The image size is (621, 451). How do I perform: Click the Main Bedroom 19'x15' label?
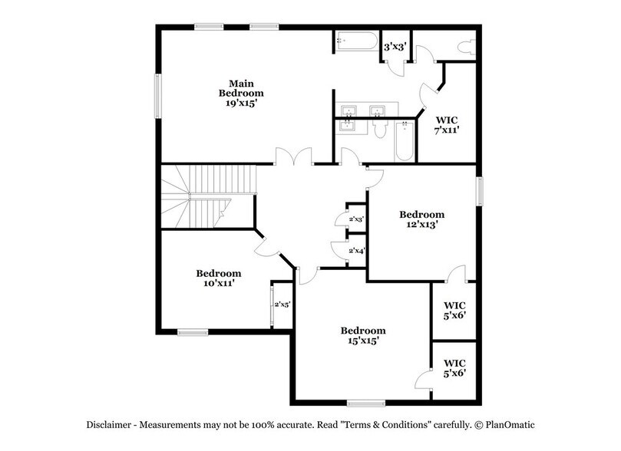pos(241,94)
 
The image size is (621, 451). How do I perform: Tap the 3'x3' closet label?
pos(395,47)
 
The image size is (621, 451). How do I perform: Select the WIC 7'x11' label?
pos(447,125)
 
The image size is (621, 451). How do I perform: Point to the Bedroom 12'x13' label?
pos(421,219)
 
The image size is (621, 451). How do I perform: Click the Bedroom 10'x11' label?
pos(219,278)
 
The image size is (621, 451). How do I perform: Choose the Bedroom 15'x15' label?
pos(363,335)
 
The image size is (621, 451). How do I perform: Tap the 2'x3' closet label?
pos(356,219)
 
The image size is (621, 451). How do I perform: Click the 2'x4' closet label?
pos(357,250)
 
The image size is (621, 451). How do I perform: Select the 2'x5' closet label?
pos(282,305)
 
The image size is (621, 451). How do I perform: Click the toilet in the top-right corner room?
pos(467,47)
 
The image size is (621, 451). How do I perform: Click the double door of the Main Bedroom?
pos(293,156)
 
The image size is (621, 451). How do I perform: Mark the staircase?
pos(208,196)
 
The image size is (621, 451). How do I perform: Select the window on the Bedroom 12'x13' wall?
pos(481,192)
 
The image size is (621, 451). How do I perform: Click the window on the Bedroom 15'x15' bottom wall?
pos(366,403)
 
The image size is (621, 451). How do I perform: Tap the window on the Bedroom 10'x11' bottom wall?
pos(193,332)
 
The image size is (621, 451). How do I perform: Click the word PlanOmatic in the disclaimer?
pos(510,425)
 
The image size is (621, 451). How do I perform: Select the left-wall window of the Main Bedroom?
pos(157,96)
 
